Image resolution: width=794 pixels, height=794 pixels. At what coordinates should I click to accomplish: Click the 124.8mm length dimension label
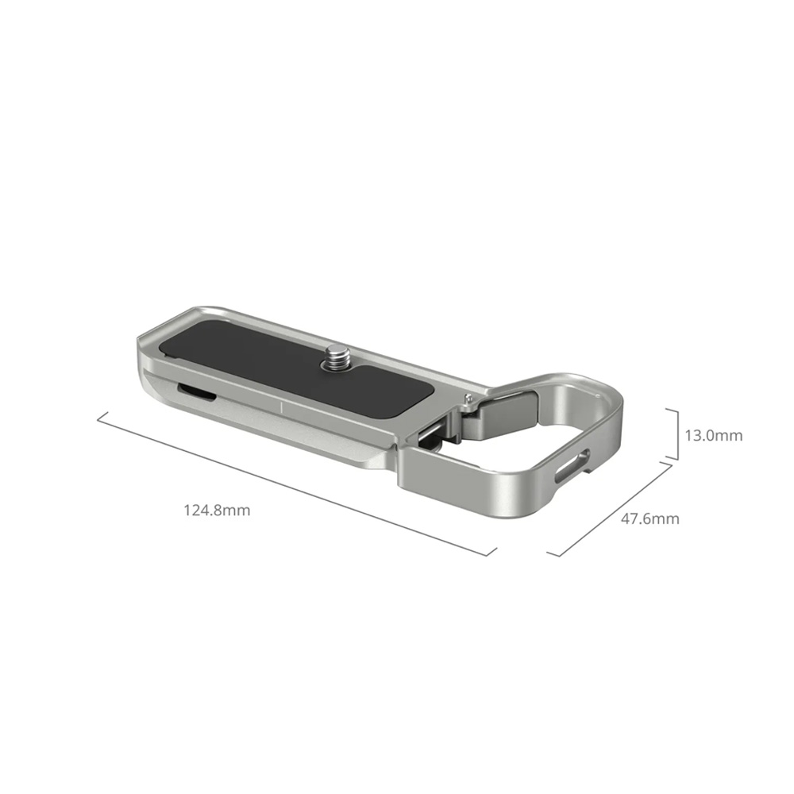coord(217,510)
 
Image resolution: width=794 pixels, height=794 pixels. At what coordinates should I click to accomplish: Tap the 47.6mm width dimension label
coord(650,519)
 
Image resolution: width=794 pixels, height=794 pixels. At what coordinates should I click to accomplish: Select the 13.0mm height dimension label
coord(714,435)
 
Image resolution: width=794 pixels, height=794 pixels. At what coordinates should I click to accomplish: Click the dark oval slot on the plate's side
coord(196,391)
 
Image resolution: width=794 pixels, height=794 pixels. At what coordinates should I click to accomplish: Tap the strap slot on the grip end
coord(572,464)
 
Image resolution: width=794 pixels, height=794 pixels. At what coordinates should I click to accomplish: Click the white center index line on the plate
coord(282,408)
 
